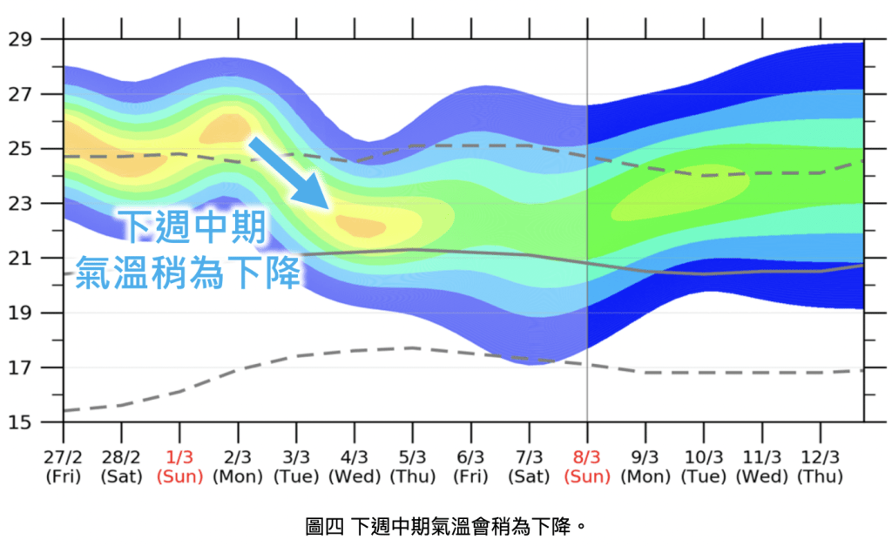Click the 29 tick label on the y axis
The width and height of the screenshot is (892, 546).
coord(20,39)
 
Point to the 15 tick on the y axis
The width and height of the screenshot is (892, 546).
coord(20,422)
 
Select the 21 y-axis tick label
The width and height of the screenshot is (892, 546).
coord(20,258)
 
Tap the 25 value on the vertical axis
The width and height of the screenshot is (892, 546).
coord(20,149)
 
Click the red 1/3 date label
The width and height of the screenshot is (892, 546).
coord(179,457)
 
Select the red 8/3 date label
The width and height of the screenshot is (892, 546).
coord(587,457)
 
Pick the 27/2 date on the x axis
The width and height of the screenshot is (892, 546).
coord(63,457)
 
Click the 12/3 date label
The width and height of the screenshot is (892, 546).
coord(820,457)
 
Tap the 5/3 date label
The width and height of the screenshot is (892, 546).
coord(412,457)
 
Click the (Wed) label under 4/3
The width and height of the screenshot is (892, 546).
coord(354,476)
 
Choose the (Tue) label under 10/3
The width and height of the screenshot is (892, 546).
coord(703,476)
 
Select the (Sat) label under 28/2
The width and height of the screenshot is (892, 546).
coord(121,476)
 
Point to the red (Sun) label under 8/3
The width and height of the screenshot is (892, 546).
coord(587,476)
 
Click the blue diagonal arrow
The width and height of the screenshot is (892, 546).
coord(287,172)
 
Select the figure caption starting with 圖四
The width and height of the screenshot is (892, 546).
coord(444,526)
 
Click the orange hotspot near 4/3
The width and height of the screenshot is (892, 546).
coord(361,226)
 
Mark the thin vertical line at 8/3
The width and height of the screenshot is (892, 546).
coord(587,261)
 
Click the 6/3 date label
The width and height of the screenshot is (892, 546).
coord(470,457)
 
